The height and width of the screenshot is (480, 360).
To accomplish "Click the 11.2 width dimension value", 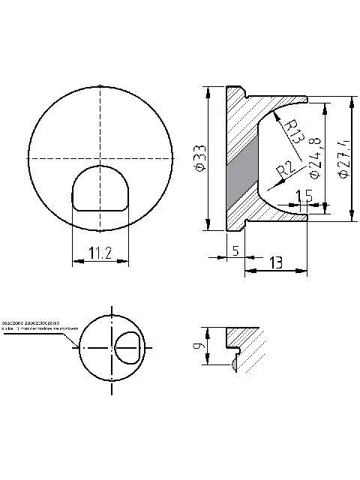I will click(x=100, y=254).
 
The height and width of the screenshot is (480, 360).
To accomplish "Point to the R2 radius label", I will click(x=283, y=172).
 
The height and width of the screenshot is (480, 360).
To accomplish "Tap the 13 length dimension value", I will click(x=275, y=262).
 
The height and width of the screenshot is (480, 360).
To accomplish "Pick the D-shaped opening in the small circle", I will click(x=127, y=347).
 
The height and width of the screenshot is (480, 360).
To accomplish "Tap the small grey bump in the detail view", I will click(x=235, y=364).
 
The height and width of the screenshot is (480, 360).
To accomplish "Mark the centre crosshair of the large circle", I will click(x=100, y=158).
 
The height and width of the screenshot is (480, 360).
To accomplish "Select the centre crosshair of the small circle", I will click(x=112, y=347).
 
